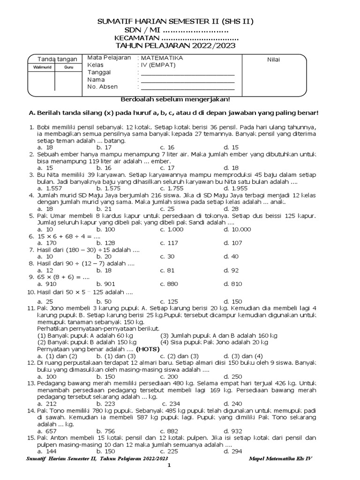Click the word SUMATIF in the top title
(114, 22)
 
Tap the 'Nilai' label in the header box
(274, 60)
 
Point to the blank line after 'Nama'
(187, 81)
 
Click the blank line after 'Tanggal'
(187, 74)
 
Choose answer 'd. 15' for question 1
(231, 147)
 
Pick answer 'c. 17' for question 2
(167, 168)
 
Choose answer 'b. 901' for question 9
(105, 284)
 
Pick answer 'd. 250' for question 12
(232, 376)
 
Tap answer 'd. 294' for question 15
(232, 451)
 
